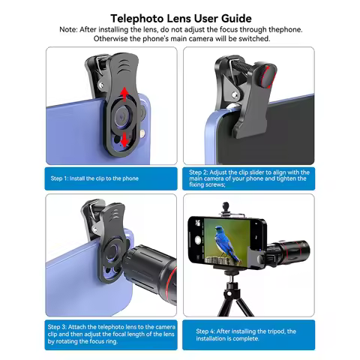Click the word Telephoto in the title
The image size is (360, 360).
(x=139, y=17)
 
